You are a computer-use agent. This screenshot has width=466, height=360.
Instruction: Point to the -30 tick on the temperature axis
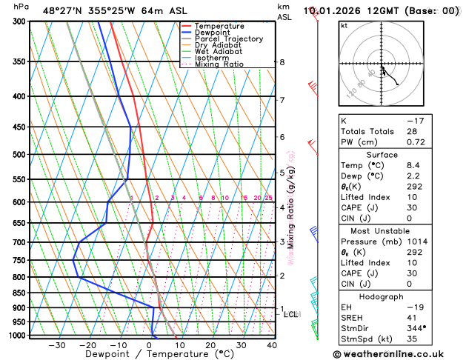click(x=57, y=344)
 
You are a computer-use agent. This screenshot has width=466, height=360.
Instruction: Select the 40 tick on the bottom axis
click(x=272, y=344)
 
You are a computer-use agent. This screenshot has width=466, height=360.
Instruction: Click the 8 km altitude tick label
click(x=282, y=62)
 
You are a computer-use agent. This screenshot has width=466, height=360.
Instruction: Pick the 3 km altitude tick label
click(x=282, y=242)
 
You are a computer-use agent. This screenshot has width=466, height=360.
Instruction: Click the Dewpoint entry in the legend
click(x=213, y=33)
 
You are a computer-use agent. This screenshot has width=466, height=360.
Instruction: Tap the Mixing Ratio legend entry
click(x=218, y=64)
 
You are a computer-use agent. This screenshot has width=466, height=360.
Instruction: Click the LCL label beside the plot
click(x=290, y=314)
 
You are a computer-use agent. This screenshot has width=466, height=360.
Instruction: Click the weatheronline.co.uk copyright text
click(x=399, y=354)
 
